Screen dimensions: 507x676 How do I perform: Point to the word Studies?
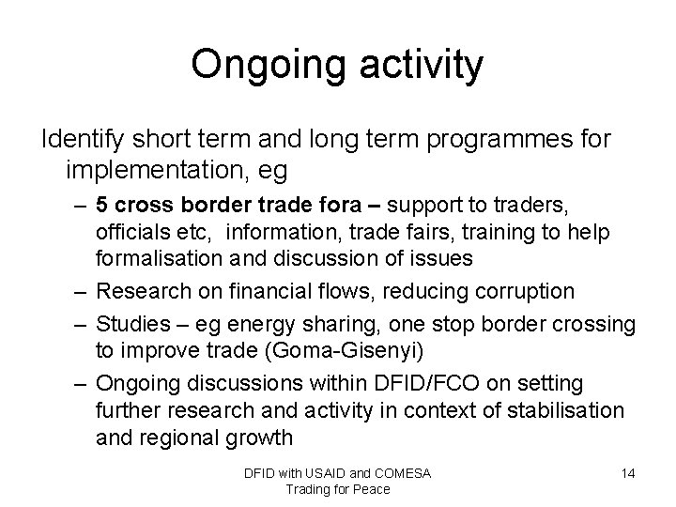click(128, 325)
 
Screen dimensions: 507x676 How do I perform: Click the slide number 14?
click(628, 473)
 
